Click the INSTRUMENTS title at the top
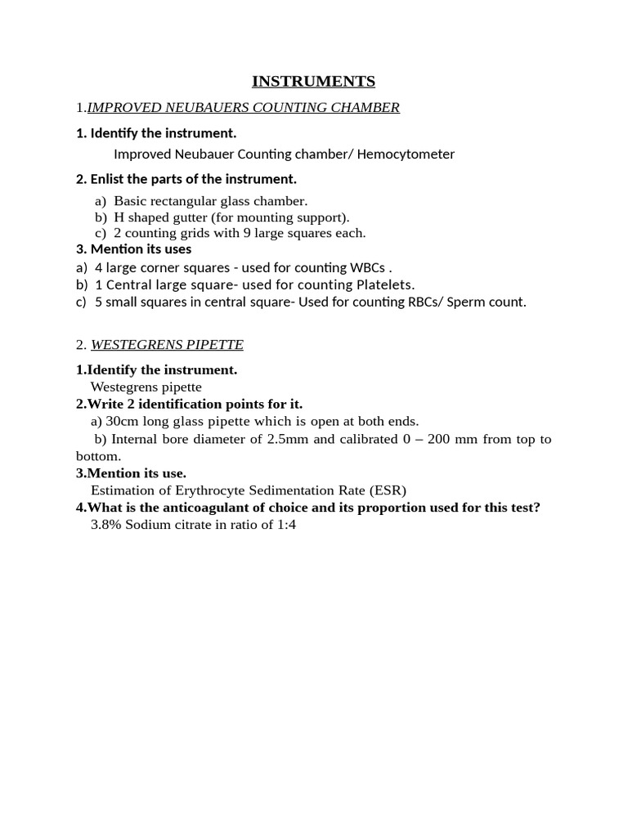(x=313, y=81)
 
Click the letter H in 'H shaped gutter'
(x=119, y=217)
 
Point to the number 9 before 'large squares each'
(x=246, y=233)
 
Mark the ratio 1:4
(x=286, y=525)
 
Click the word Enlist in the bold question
(x=112, y=179)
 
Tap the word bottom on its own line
(x=97, y=456)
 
